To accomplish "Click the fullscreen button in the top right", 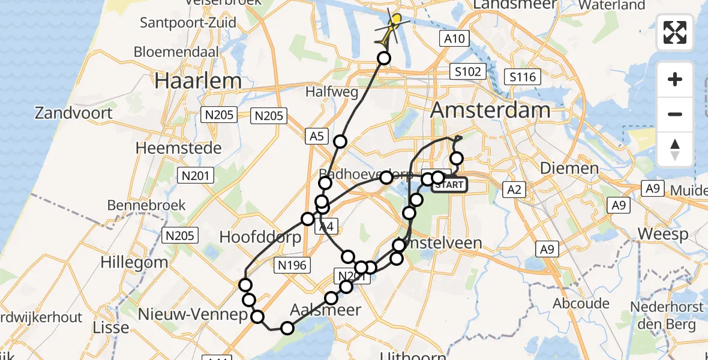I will click(x=675, y=32).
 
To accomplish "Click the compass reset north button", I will click(x=675, y=149).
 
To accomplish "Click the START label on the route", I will click(x=449, y=185).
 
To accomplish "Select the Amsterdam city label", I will click(x=490, y=110).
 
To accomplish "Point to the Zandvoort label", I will click(x=74, y=113).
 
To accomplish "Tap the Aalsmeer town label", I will click(x=326, y=310).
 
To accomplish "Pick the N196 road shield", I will click(x=292, y=265).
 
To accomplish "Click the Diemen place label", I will click(x=569, y=168).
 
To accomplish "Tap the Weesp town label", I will click(x=662, y=233).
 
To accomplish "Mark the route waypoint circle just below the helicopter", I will click(x=384, y=58).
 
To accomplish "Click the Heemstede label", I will click(x=179, y=148).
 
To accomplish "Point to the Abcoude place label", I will click(x=581, y=303).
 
